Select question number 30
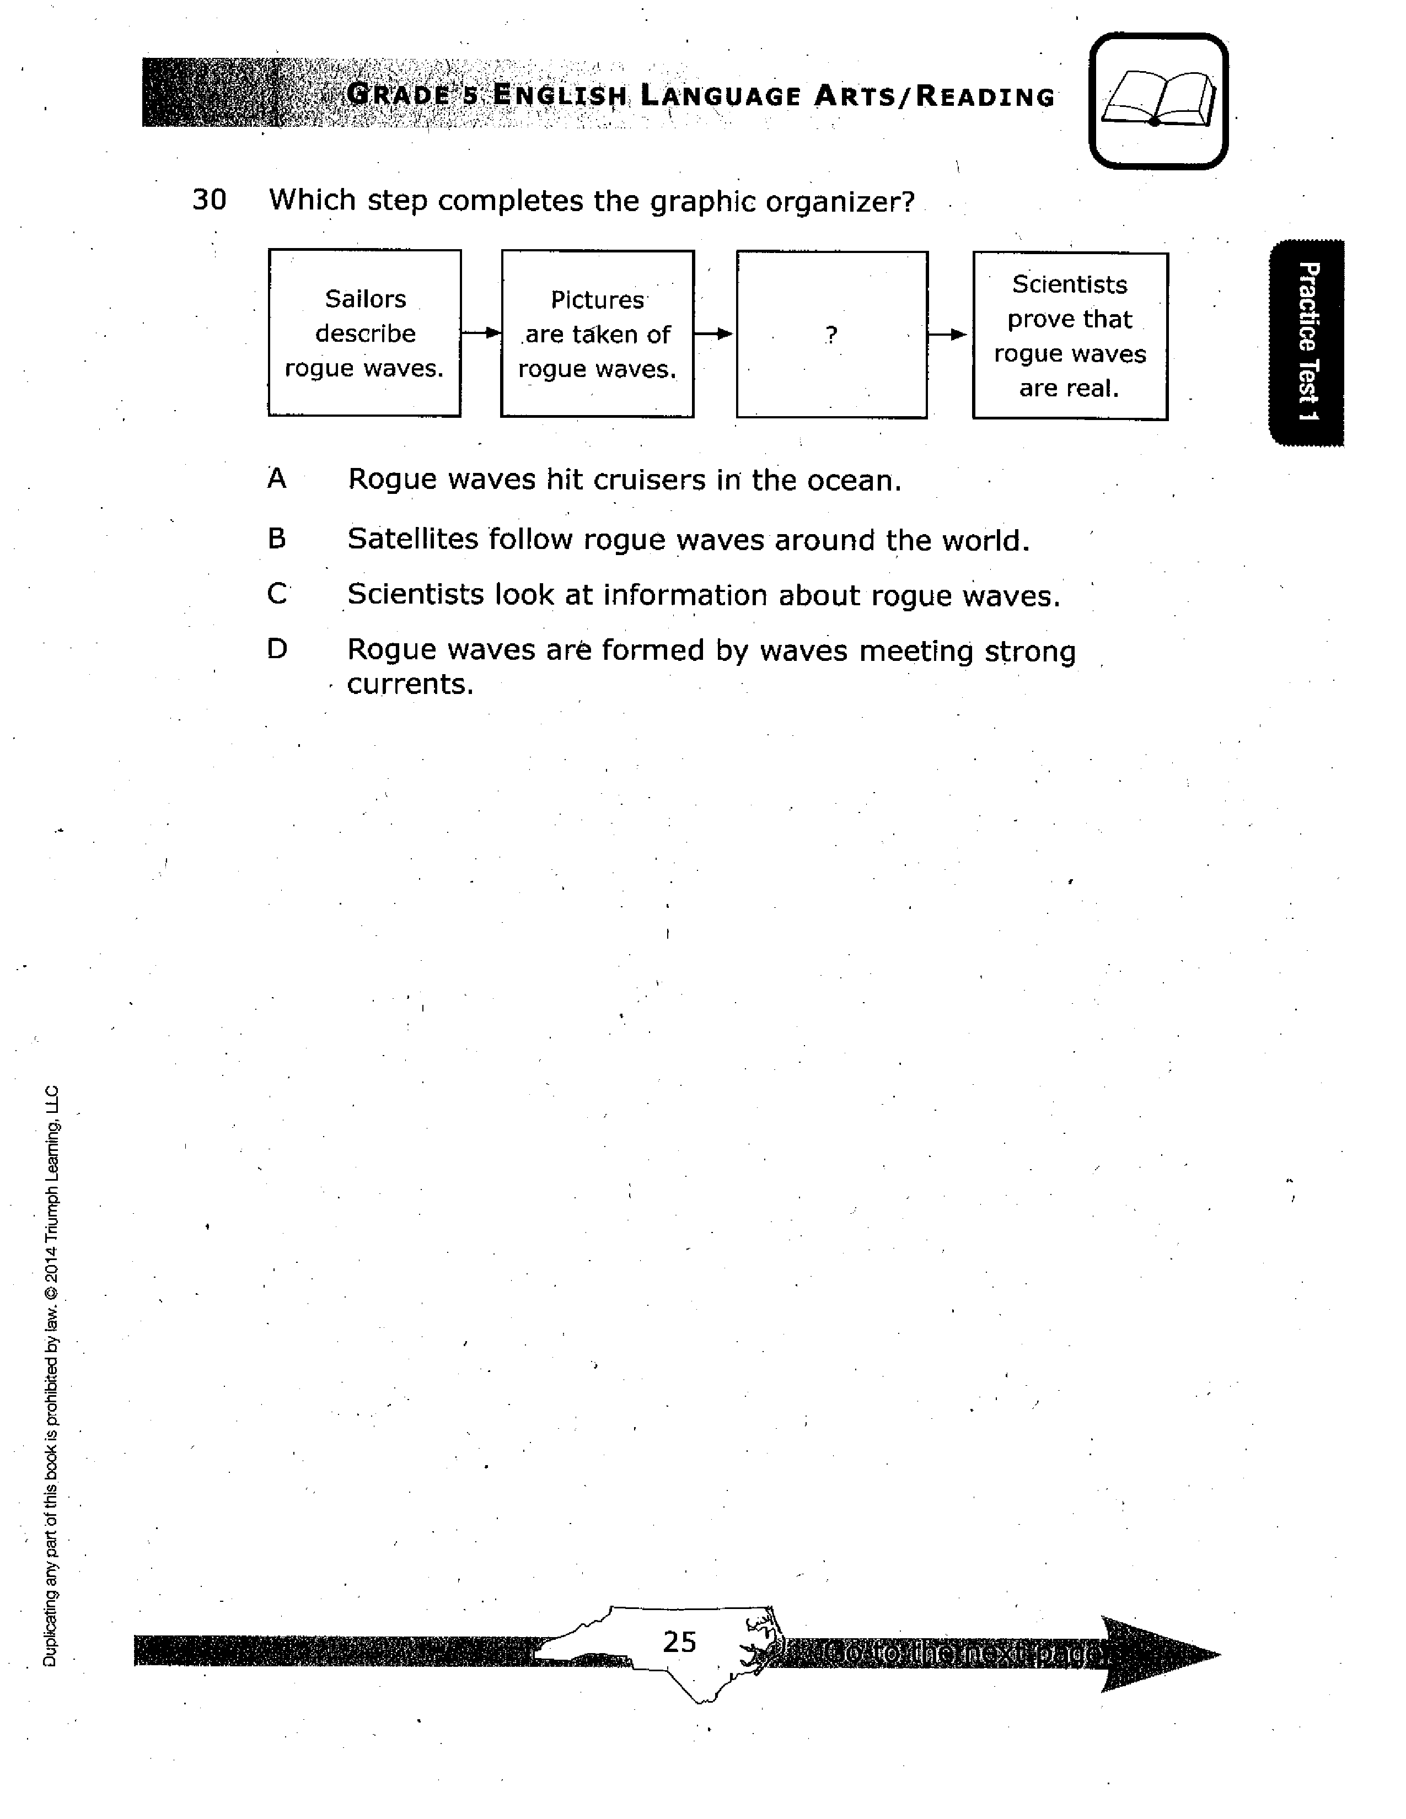pos(209,200)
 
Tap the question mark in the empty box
pos(831,334)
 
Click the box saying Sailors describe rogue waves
pos(365,333)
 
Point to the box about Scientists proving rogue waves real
pos(1070,336)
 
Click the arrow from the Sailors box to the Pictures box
pos(481,333)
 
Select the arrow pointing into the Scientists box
pos(948,335)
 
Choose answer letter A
pos(277,479)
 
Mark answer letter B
pos(277,539)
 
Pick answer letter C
pos(277,594)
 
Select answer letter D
pos(277,649)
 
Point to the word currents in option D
pos(410,684)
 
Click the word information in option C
pos(685,595)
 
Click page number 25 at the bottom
pos(679,1642)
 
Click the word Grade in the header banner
pos(398,95)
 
